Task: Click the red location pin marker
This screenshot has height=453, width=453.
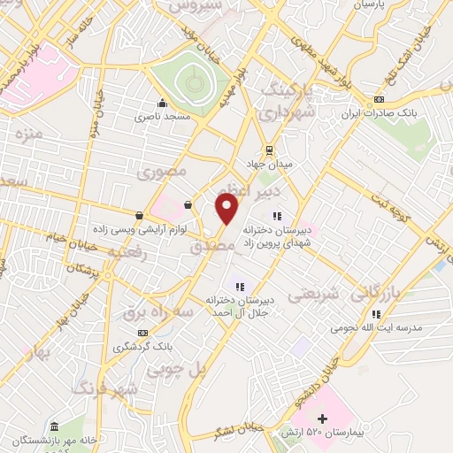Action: point(227,209)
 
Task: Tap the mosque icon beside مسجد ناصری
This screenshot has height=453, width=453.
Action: point(161,101)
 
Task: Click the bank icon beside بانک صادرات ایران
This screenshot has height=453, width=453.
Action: point(379,99)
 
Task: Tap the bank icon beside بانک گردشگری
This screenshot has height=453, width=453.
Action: point(142,332)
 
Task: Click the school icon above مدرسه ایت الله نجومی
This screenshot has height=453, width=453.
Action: point(376,313)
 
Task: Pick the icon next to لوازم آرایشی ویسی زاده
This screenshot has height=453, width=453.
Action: point(139,215)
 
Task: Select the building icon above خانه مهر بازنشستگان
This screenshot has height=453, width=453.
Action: point(55,426)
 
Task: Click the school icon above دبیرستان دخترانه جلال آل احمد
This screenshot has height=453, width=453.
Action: point(237,285)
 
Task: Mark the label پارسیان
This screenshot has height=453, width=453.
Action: point(372,5)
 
